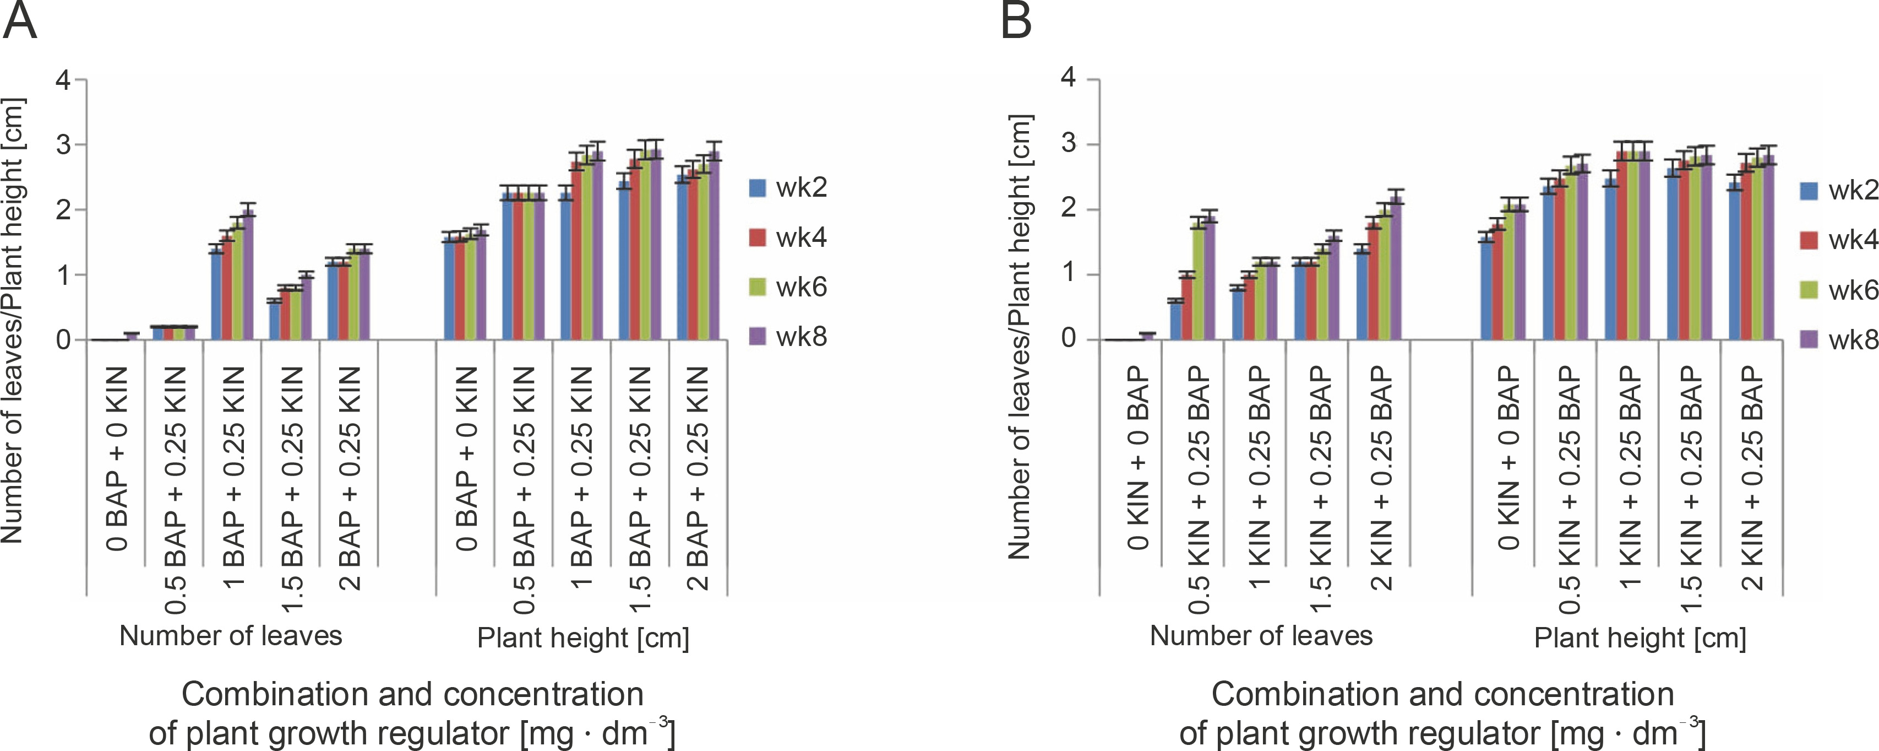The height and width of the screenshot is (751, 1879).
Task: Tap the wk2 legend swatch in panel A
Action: click(x=757, y=188)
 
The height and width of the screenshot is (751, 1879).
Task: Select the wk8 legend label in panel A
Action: click(x=801, y=337)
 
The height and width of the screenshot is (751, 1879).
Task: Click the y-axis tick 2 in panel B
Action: click(x=1068, y=209)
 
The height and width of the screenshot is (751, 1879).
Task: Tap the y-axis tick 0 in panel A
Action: click(x=63, y=340)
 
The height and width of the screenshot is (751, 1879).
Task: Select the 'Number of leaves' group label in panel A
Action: click(x=231, y=636)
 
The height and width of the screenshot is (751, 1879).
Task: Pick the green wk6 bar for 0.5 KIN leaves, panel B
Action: click(x=1199, y=282)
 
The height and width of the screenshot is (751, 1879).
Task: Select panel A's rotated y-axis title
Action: click(x=13, y=321)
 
